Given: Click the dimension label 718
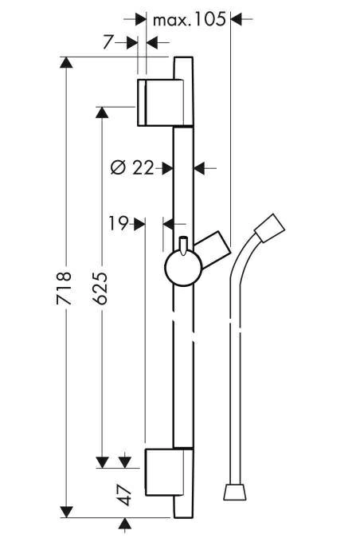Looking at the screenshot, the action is [x=64, y=289].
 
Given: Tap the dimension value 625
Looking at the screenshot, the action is [x=100, y=289].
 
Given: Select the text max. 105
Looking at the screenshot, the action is [x=190, y=20].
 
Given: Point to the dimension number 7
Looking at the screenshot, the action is [x=108, y=42].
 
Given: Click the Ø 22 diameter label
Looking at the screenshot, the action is [x=132, y=168].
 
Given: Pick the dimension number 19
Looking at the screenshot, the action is [x=119, y=224].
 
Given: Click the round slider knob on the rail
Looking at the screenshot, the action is [x=184, y=268].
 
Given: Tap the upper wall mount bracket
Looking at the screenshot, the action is [x=160, y=102].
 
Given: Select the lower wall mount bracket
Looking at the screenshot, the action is [x=165, y=472].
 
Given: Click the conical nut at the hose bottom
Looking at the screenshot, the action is [x=235, y=492].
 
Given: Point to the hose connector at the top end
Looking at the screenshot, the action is [x=270, y=229].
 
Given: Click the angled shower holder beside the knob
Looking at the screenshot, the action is [x=213, y=247].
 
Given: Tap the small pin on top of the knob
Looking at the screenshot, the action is [x=184, y=245].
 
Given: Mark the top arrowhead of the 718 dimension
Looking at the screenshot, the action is [x=66, y=62].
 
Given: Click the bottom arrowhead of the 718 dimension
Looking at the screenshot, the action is [x=66, y=512].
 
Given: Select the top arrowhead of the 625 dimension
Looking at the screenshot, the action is [x=102, y=112].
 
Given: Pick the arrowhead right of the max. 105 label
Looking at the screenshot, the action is [x=237, y=19].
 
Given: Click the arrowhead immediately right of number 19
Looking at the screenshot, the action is [x=139, y=224].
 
